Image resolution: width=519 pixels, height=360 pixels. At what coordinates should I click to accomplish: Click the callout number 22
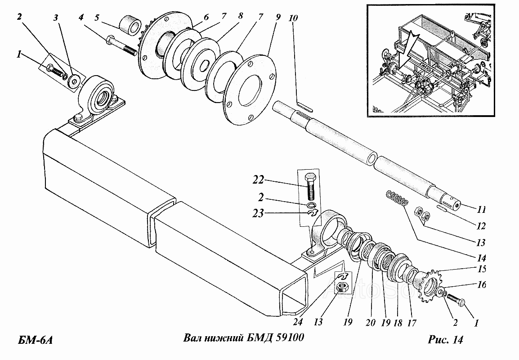(x=258, y=180)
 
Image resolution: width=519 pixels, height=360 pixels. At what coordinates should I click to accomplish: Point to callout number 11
(x=481, y=209)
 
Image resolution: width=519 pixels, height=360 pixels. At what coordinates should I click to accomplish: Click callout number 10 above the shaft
(x=293, y=18)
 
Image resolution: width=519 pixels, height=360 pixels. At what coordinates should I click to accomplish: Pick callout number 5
(x=97, y=17)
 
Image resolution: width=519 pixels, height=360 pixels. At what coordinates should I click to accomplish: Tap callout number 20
(x=371, y=322)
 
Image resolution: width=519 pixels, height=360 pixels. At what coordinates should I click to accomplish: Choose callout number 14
(x=481, y=258)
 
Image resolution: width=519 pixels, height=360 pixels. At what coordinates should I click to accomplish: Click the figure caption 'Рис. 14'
(x=445, y=339)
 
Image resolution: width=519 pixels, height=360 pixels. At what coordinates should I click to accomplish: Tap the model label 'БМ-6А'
(x=35, y=340)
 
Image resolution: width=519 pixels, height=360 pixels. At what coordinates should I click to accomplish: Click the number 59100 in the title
(x=289, y=337)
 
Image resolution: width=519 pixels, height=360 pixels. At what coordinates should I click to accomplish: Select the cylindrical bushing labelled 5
(x=130, y=24)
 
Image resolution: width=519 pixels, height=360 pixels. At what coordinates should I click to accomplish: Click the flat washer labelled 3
(x=74, y=81)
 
